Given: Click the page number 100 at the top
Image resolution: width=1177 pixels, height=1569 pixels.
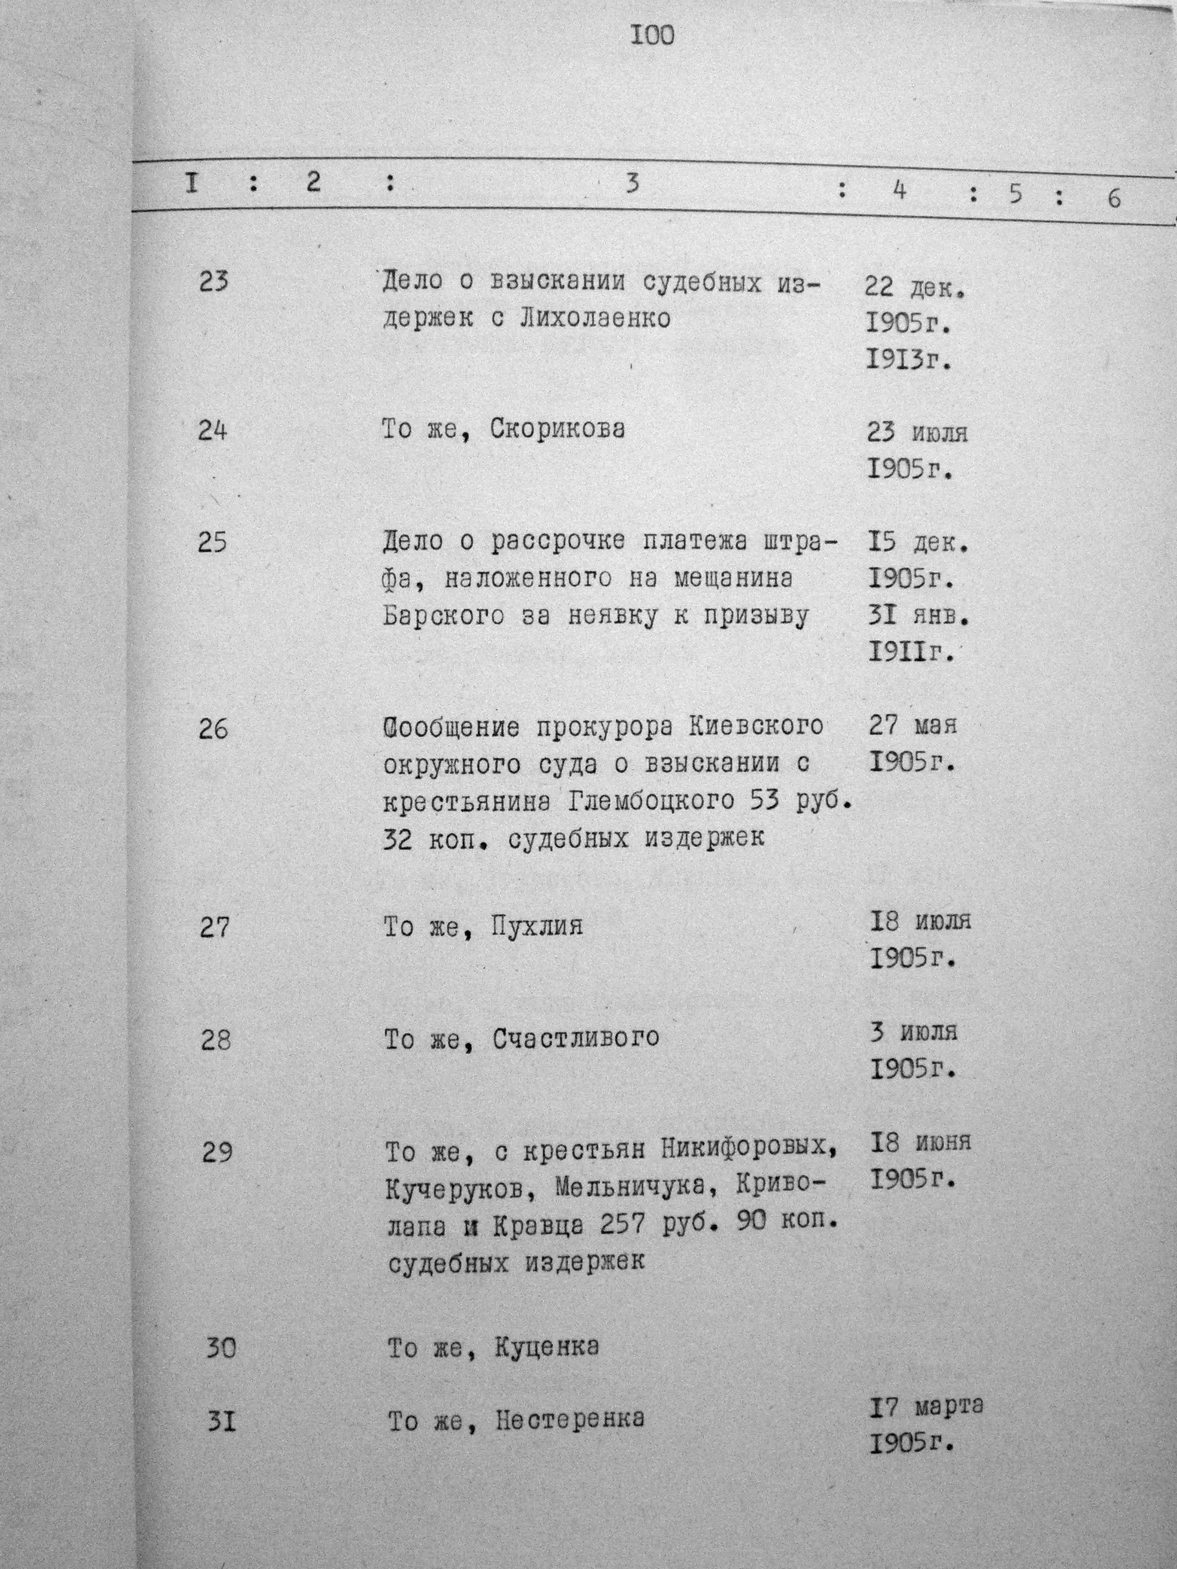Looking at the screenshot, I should (x=652, y=36).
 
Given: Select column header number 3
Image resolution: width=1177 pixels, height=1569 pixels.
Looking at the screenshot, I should (x=632, y=183).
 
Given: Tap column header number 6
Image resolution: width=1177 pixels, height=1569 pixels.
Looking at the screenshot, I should (x=1114, y=199).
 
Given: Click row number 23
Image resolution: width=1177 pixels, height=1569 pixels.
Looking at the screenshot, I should (x=213, y=282).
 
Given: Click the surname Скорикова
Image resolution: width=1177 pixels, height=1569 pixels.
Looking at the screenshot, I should (x=558, y=430).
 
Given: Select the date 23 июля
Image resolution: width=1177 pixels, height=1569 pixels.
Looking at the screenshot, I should (x=917, y=432).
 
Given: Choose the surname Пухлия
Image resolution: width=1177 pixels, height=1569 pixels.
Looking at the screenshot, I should (x=536, y=926).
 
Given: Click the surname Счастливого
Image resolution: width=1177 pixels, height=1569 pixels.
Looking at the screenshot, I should (x=575, y=1039).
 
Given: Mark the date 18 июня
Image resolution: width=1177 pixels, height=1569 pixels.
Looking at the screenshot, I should (x=920, y=1142).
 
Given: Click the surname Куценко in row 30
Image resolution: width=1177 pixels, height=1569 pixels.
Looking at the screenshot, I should (x=545, y=1347).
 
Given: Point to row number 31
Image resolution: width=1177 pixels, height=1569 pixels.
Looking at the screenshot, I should (x=220, y=1421).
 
